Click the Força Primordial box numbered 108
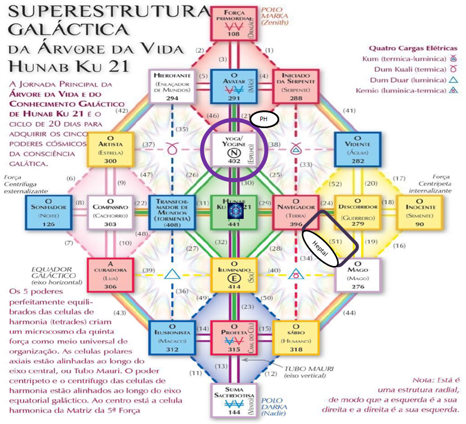point(233,24)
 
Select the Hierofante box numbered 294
point(172,86)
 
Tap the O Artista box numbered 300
point(110,149)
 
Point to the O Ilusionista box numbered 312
point(171,337)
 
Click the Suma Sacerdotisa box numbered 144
point(233,399)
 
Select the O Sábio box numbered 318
point(295,337)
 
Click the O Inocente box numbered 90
point(419,211)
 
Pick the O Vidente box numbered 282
point(357,149)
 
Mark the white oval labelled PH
point(265,119)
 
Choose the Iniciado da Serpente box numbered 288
point(295,86)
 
